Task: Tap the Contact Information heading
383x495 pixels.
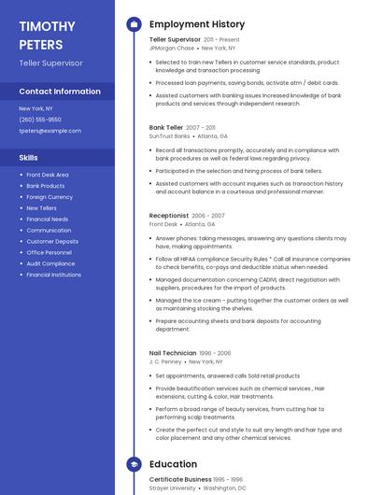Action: [60, 92]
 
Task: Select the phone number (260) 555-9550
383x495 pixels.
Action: [40, 120]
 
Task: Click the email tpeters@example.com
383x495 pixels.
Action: [50, 131]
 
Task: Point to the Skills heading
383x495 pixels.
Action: [29, 158]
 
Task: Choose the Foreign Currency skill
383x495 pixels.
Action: [50, 197]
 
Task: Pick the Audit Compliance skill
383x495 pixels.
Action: [50, 263]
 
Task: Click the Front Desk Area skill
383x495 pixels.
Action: [48, 175]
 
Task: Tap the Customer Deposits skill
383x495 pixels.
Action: [52, 241]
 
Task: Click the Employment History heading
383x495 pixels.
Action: [197, 24]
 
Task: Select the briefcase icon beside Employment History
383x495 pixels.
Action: [134, 24]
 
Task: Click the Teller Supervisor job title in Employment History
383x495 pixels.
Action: [175, 40]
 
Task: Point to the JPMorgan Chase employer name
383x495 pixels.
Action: [172, 48]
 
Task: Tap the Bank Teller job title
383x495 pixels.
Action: [166, 127]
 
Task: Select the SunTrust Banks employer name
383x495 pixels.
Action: [169, 135]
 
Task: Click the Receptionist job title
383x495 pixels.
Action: [169, 216]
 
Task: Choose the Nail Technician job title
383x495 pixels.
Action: [173, 353]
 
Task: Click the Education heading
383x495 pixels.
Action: [173, 464]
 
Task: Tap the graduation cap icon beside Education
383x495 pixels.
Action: [134, 464]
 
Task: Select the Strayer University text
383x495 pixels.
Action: [173, 488]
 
